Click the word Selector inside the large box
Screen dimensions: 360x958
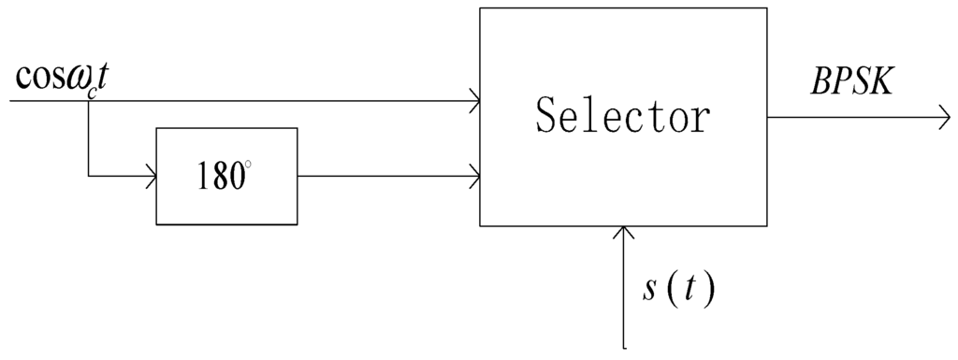(x=622, y=117)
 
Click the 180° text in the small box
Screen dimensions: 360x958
(x=225, y=176)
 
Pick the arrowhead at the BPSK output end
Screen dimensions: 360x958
(x=943, y=118)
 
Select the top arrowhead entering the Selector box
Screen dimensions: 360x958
(x=474, y=100)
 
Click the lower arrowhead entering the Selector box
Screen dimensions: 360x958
(x=474, y=175)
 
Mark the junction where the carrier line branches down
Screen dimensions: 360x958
(x=87, y=100)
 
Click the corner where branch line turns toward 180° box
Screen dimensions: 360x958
(x=87, y=175)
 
